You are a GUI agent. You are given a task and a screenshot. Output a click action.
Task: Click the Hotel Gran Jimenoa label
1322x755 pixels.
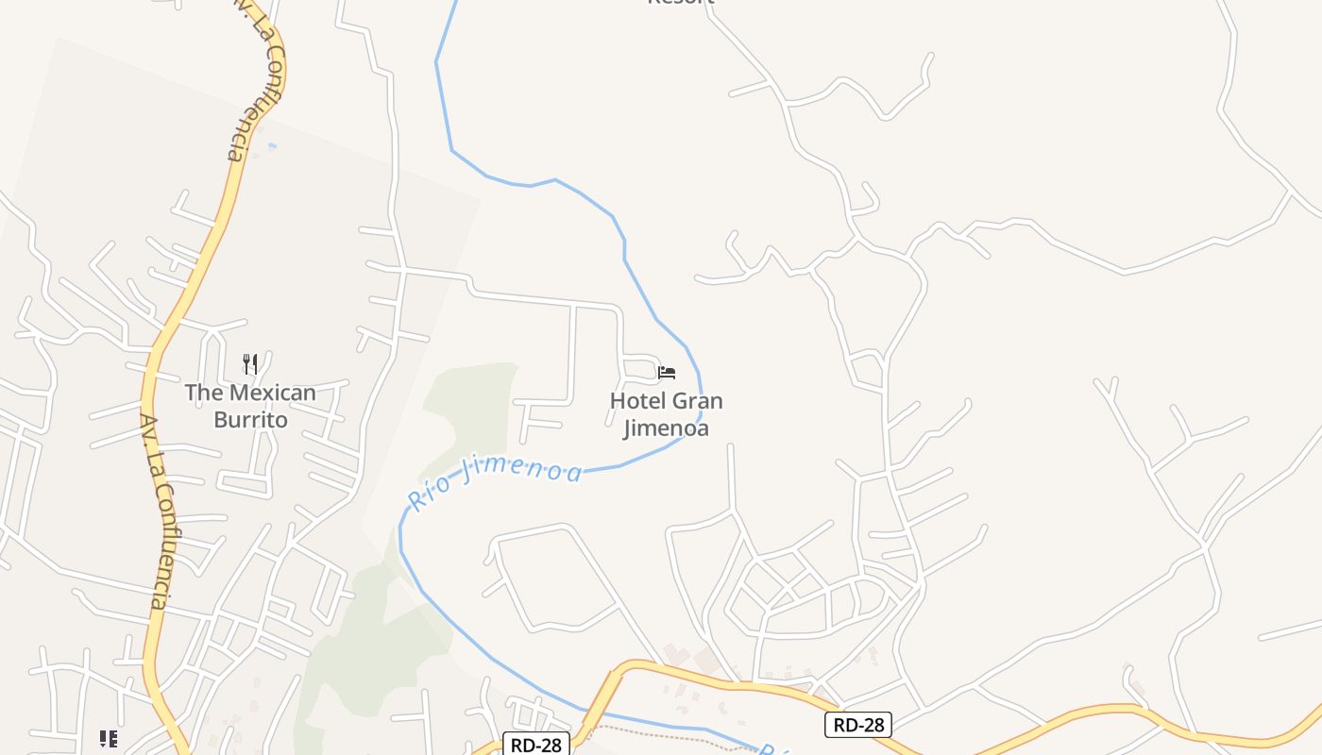coord(666,414)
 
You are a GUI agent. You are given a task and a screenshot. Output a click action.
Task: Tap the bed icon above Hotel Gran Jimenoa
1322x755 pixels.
coord(667,372)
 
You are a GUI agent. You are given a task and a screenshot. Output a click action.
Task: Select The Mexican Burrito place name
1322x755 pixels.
coord(250,406)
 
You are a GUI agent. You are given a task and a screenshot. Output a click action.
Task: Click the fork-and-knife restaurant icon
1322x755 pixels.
coord(250,363)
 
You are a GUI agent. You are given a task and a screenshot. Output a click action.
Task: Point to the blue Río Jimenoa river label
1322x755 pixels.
coord(495,479)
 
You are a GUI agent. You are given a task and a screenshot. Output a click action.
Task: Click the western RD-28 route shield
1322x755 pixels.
coord(536,745)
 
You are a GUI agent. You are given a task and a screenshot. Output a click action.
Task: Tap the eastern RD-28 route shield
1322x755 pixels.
coord(858,724)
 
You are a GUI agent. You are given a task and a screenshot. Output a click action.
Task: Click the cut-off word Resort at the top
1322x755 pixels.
coord(680,3)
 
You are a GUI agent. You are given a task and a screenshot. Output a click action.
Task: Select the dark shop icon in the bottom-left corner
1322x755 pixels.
coord(109,738)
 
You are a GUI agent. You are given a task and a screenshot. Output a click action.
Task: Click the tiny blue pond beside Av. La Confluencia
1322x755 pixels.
coord(273,145)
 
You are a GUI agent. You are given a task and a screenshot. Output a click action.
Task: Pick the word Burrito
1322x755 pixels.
coord(250,420)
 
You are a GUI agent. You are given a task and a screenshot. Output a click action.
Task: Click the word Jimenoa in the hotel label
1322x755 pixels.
coord(666,428)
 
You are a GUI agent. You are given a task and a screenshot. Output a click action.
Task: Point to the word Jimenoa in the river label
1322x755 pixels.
coord(523,468)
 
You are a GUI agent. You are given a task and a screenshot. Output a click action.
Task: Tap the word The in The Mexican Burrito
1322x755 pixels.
coord(202,393)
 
